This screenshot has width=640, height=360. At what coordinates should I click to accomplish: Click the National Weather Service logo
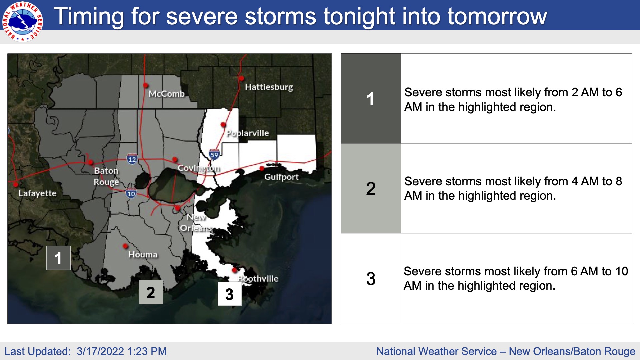(x=22, y=22)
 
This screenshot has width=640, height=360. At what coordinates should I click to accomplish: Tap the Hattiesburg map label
(x=269, y=87)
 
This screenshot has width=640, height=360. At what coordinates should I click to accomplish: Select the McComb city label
(x=166, y=94)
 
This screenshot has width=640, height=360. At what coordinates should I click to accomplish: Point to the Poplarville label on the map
(x=248, y=133)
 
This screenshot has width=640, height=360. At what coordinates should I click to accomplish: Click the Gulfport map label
(x=281, y=177)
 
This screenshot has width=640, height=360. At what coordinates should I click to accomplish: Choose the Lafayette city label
(x=37, y=193)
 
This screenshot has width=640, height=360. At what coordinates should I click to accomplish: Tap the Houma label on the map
(x=143, y=255)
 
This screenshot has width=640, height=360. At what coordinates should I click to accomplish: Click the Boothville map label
(x=258, y=279)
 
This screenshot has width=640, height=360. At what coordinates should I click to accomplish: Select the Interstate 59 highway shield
(x=214, y=154)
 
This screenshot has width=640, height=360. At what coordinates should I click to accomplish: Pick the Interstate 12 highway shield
(x=132, y=159)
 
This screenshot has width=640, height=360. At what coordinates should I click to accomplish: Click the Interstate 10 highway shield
(x=131, y=193)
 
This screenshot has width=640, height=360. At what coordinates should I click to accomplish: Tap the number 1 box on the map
(x=58, y=258)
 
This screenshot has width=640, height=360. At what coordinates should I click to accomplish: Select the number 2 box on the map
(x=151, y=292)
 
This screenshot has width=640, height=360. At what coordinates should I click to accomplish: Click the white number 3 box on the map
(x=230, y=294)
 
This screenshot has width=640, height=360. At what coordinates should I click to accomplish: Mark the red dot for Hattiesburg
(x=241, y=78)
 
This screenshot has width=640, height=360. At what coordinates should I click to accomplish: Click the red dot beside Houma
(x=125, y=246)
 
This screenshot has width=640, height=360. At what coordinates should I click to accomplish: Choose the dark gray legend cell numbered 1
(x=371, y=98)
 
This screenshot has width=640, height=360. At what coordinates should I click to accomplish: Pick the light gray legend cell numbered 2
(x=371, y=188)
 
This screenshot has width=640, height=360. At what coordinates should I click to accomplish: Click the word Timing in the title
(x=89, y=16)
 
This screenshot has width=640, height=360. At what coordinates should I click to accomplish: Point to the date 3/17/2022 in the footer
(x=100, y=351)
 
